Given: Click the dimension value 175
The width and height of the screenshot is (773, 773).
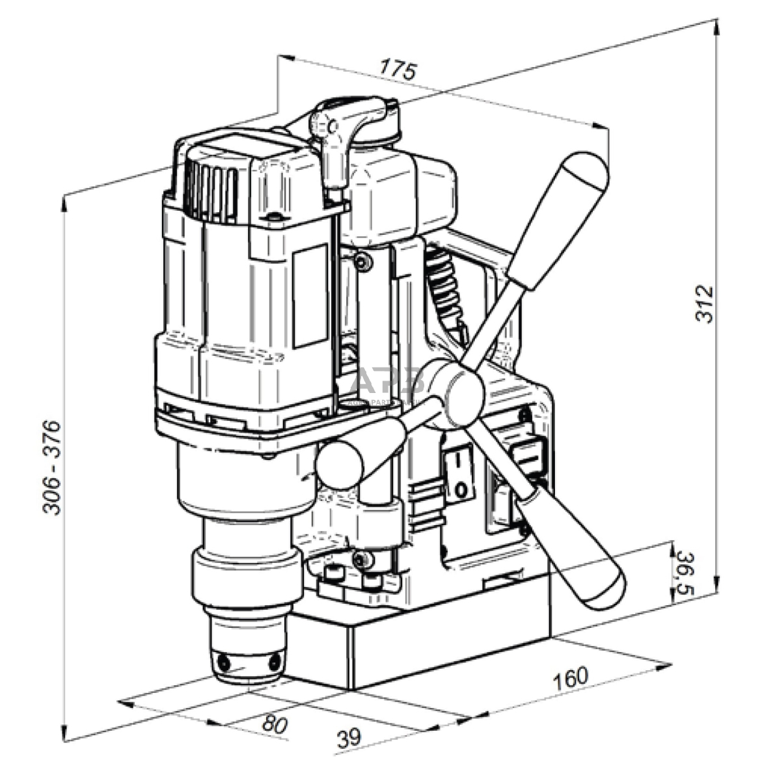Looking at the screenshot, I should (x=398, y=68).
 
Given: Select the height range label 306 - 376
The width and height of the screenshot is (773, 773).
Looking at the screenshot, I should (x=52, y=467).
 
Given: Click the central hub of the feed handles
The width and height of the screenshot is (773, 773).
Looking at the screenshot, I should (x=463, y=393).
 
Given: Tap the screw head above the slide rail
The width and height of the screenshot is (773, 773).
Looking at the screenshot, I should (x=363, y=263).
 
